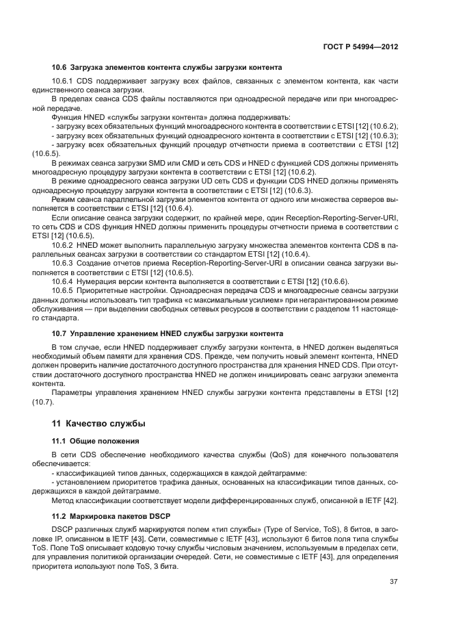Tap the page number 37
coord(393,582)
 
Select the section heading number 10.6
coord(59,67)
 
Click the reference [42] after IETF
coord(390,500)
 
